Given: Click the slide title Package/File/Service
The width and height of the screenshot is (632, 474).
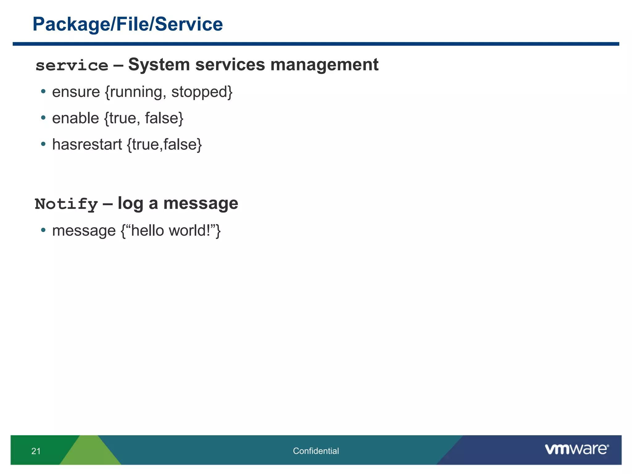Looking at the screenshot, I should [x=127, y=24].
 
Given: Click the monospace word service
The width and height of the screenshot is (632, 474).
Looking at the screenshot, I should [x=72, y=65].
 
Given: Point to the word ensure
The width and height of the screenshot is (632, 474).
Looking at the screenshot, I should [x=76, y=92].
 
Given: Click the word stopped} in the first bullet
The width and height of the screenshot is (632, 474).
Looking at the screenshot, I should [x=202, y=92].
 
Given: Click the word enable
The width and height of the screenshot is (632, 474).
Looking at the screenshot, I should [x=76, y=118].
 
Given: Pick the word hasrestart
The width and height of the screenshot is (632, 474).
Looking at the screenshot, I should [x=87, y=144].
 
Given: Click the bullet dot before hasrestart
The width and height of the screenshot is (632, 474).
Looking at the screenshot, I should [x=43, y=144].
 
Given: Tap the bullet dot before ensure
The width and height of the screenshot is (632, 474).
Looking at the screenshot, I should [x=43, y=91].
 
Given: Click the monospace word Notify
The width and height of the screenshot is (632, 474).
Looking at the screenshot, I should [x=66, y=204].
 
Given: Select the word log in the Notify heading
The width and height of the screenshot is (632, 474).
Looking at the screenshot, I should [x=130, y=204].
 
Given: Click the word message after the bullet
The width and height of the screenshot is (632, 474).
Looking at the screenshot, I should [x=84, y=231].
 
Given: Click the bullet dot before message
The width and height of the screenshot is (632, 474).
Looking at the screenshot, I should [x=43, y=230].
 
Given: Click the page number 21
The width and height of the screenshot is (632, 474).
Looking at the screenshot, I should [x=36, y=451].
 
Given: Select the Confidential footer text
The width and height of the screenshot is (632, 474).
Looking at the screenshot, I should [x=316, y=451].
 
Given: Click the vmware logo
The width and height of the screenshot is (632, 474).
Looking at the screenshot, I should [x=576, y=449].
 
